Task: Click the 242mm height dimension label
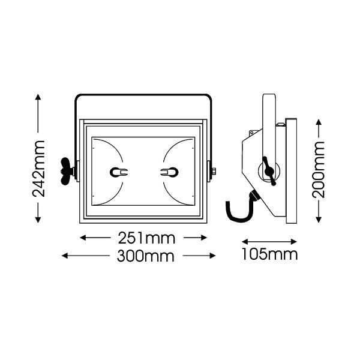38,169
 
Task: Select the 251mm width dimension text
146,238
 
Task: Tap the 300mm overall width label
146,256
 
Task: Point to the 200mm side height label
318,170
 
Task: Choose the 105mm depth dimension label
269,254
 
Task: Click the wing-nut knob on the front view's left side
67,171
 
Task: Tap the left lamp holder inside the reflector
119,172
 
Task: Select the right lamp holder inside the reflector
169,172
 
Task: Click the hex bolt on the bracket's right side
213,171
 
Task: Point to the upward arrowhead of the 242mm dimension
38,97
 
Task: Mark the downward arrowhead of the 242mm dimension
38,220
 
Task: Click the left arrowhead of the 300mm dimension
65,256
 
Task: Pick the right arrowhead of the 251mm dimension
204,238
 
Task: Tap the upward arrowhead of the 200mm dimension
319,122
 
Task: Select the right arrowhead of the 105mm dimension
294,242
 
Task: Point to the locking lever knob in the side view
269,171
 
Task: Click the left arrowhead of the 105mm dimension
245,242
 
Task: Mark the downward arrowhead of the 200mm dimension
319,220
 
